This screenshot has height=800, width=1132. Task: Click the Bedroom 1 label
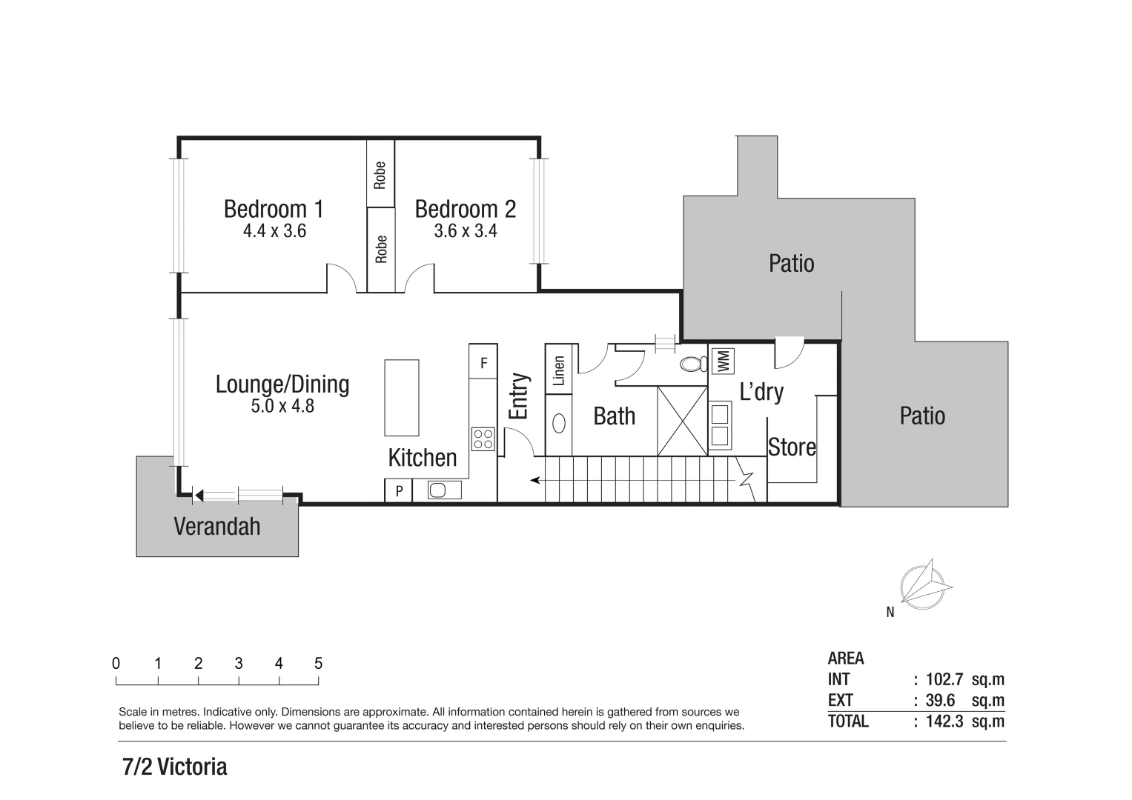pyautogui.click(x=274, y=209)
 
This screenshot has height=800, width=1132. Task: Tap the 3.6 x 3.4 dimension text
pyautogui.click(x=465, y=231)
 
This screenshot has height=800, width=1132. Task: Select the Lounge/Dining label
pyautogui.click(x=282, y=384)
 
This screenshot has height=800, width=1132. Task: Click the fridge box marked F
pyautogui.click(x=483, y=363)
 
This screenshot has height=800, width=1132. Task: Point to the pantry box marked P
pyautogui.click(x=398, y=490)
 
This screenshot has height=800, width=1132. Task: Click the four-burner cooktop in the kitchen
pyautogui.click(x=483, y=439)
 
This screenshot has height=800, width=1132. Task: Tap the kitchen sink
pyautogui.click(x=437, y=490)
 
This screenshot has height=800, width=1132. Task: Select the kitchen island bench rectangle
pyautogui.click(x=401, y=398)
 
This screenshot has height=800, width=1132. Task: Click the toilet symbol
pyautogui.click(x=694, y=364)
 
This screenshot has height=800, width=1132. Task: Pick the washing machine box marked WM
pyautogui.click(x=724, y=361)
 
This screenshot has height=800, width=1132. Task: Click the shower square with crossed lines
pyautogui.click(x=683, y=421)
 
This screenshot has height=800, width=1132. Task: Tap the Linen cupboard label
pyautogui.click(x=559, y=370)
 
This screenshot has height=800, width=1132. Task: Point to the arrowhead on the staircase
pyautogui.click(x=535, y=481)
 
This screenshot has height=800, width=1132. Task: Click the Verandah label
pyautogui.click(x=216, y=527)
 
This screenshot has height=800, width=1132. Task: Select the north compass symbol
pyautogui.click(x=924, y=584)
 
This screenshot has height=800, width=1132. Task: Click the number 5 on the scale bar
pyautogui.click(x=318, y=664)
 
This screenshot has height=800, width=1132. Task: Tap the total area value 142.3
pyautogui.click(x=944, y=721)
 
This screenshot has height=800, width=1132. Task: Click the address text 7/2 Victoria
pyautogui.click(x=175, y=767)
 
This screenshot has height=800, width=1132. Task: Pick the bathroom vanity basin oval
pyautogui.click(x=560, y=423)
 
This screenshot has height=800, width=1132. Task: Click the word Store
pyautogui.click(x=792, y=447)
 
